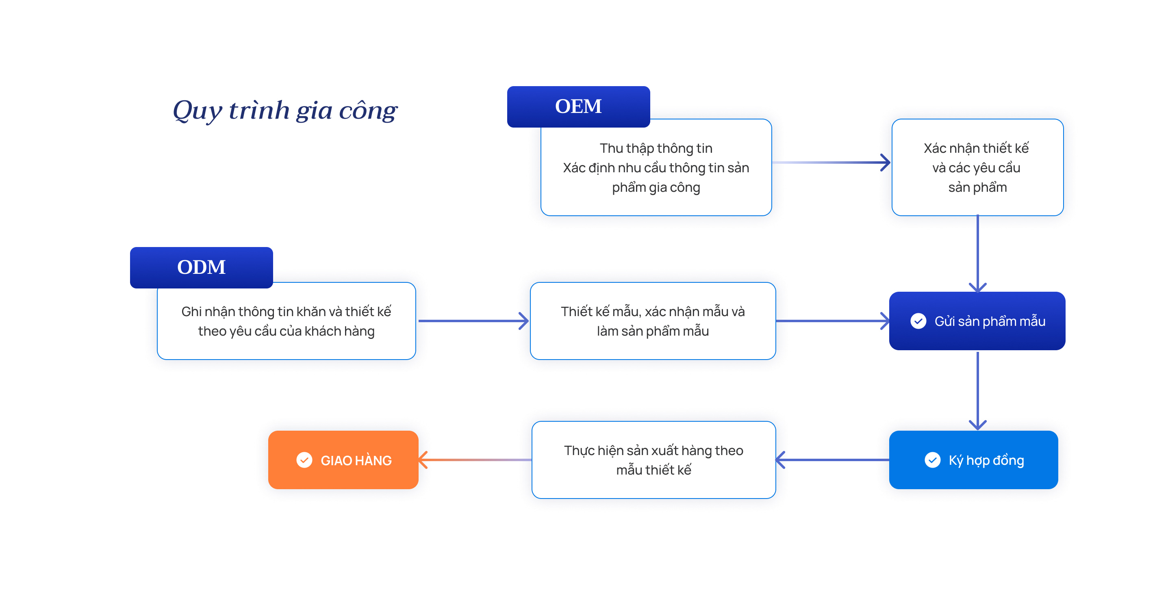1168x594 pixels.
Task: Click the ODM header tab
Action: tap(201, 267)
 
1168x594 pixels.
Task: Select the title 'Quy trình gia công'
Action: tap(285, 110)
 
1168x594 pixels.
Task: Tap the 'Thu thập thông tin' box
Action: tap(656, 167)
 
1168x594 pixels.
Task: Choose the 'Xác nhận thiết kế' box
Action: tap(977, 167)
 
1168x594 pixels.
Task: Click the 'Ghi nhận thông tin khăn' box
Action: tap(286, 321)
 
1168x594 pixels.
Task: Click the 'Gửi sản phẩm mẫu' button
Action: tap(977, 321)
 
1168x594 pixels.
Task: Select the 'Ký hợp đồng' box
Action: tap(973, 460)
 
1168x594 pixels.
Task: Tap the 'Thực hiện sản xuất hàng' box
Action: tap(653, 460)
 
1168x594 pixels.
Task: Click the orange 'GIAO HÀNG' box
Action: tap(343, 460)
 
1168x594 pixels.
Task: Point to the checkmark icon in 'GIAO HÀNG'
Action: tap(304, 460)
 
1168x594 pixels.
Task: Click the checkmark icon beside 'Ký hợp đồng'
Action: tap(932, 460)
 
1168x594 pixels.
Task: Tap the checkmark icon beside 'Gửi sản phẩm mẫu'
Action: tap(918, 321)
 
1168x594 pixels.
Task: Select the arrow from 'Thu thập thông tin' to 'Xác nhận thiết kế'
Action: tap(831, 163)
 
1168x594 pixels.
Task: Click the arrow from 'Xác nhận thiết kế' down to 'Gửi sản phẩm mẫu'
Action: tap(977, 254)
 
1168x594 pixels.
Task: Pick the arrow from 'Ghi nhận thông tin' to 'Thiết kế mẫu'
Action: tap(473, 321)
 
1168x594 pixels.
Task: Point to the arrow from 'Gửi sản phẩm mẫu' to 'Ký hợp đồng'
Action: tap(977, 391)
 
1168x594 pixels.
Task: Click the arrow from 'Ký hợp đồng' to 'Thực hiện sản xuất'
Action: tap(832, 460)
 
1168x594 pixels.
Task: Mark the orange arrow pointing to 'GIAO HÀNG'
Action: tap(475, 460)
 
